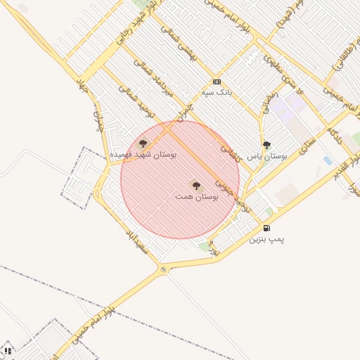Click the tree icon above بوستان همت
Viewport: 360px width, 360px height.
click(196, 186)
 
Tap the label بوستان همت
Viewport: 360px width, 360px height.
click(197, 198)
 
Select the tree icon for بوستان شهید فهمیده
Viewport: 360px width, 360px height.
click(143, 143)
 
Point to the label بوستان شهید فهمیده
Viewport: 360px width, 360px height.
click(143, 154)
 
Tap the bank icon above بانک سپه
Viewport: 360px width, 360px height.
click(217, 82)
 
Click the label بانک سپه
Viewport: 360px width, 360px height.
click(217, 92)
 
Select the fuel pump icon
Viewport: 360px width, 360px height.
click(266, 228)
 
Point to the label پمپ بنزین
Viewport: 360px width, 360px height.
click(267, 239)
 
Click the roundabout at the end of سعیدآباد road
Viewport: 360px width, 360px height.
click(164, 269)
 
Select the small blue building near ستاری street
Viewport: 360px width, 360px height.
click(328, 161)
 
